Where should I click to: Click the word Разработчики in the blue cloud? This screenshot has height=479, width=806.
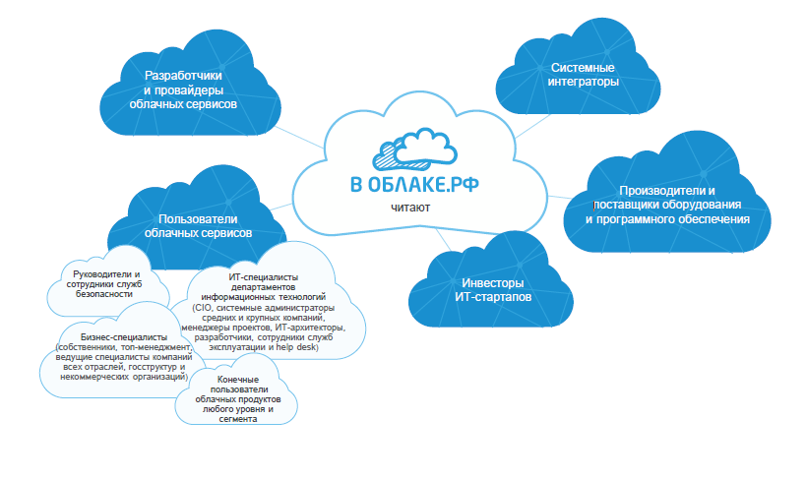click(x=183, y=76)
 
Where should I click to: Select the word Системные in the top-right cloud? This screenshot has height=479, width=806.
click(x=583, y=67)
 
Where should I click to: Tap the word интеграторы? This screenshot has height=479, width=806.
click(x=583, y=82)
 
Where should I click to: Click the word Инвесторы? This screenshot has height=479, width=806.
click(x=492, y=282)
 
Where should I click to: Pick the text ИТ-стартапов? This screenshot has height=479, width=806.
click(x=492, y=297)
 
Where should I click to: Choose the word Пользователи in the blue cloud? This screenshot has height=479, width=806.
click(x=198, y=219)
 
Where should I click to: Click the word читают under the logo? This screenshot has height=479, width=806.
click(x=410, y=208)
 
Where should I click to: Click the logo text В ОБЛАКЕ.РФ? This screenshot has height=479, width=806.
click(x=414, y=185)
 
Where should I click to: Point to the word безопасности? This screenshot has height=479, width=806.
click(x=104, y=294)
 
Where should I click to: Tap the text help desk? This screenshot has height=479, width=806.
click(x=297, y=347)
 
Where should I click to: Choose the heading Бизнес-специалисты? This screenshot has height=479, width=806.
click(x=124, y=337)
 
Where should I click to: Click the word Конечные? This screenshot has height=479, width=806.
click(x=238, y=380)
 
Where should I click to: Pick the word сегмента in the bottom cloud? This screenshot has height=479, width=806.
click(x=238, y=419)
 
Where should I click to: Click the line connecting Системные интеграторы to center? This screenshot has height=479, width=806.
click(x=533, y=127)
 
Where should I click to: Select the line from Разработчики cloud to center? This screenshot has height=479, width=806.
click(x=299, y=138)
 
